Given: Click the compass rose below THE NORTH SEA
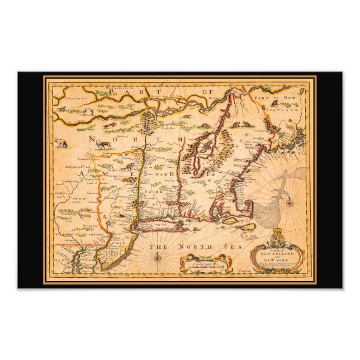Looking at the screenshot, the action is pos(158,257).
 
